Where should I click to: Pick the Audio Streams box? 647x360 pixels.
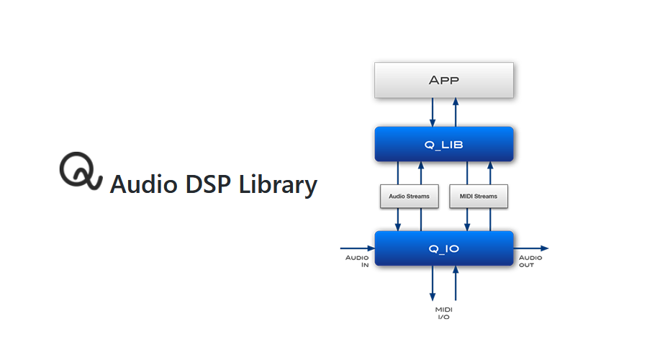(x=410, y=196)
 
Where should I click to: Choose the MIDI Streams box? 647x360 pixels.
(x=479, y=196)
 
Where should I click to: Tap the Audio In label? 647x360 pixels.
(x=358, y=261)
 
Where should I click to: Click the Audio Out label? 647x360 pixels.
(x=531, y=261)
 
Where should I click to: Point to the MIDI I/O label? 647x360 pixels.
(x=443, y=312)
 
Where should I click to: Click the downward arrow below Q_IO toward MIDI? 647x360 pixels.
(x=433, y=284)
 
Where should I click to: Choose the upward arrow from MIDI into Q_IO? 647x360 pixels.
(x=456, y=284)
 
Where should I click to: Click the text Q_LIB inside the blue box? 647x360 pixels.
(x=444, y=145)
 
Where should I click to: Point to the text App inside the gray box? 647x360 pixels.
(x=444, y=80)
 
